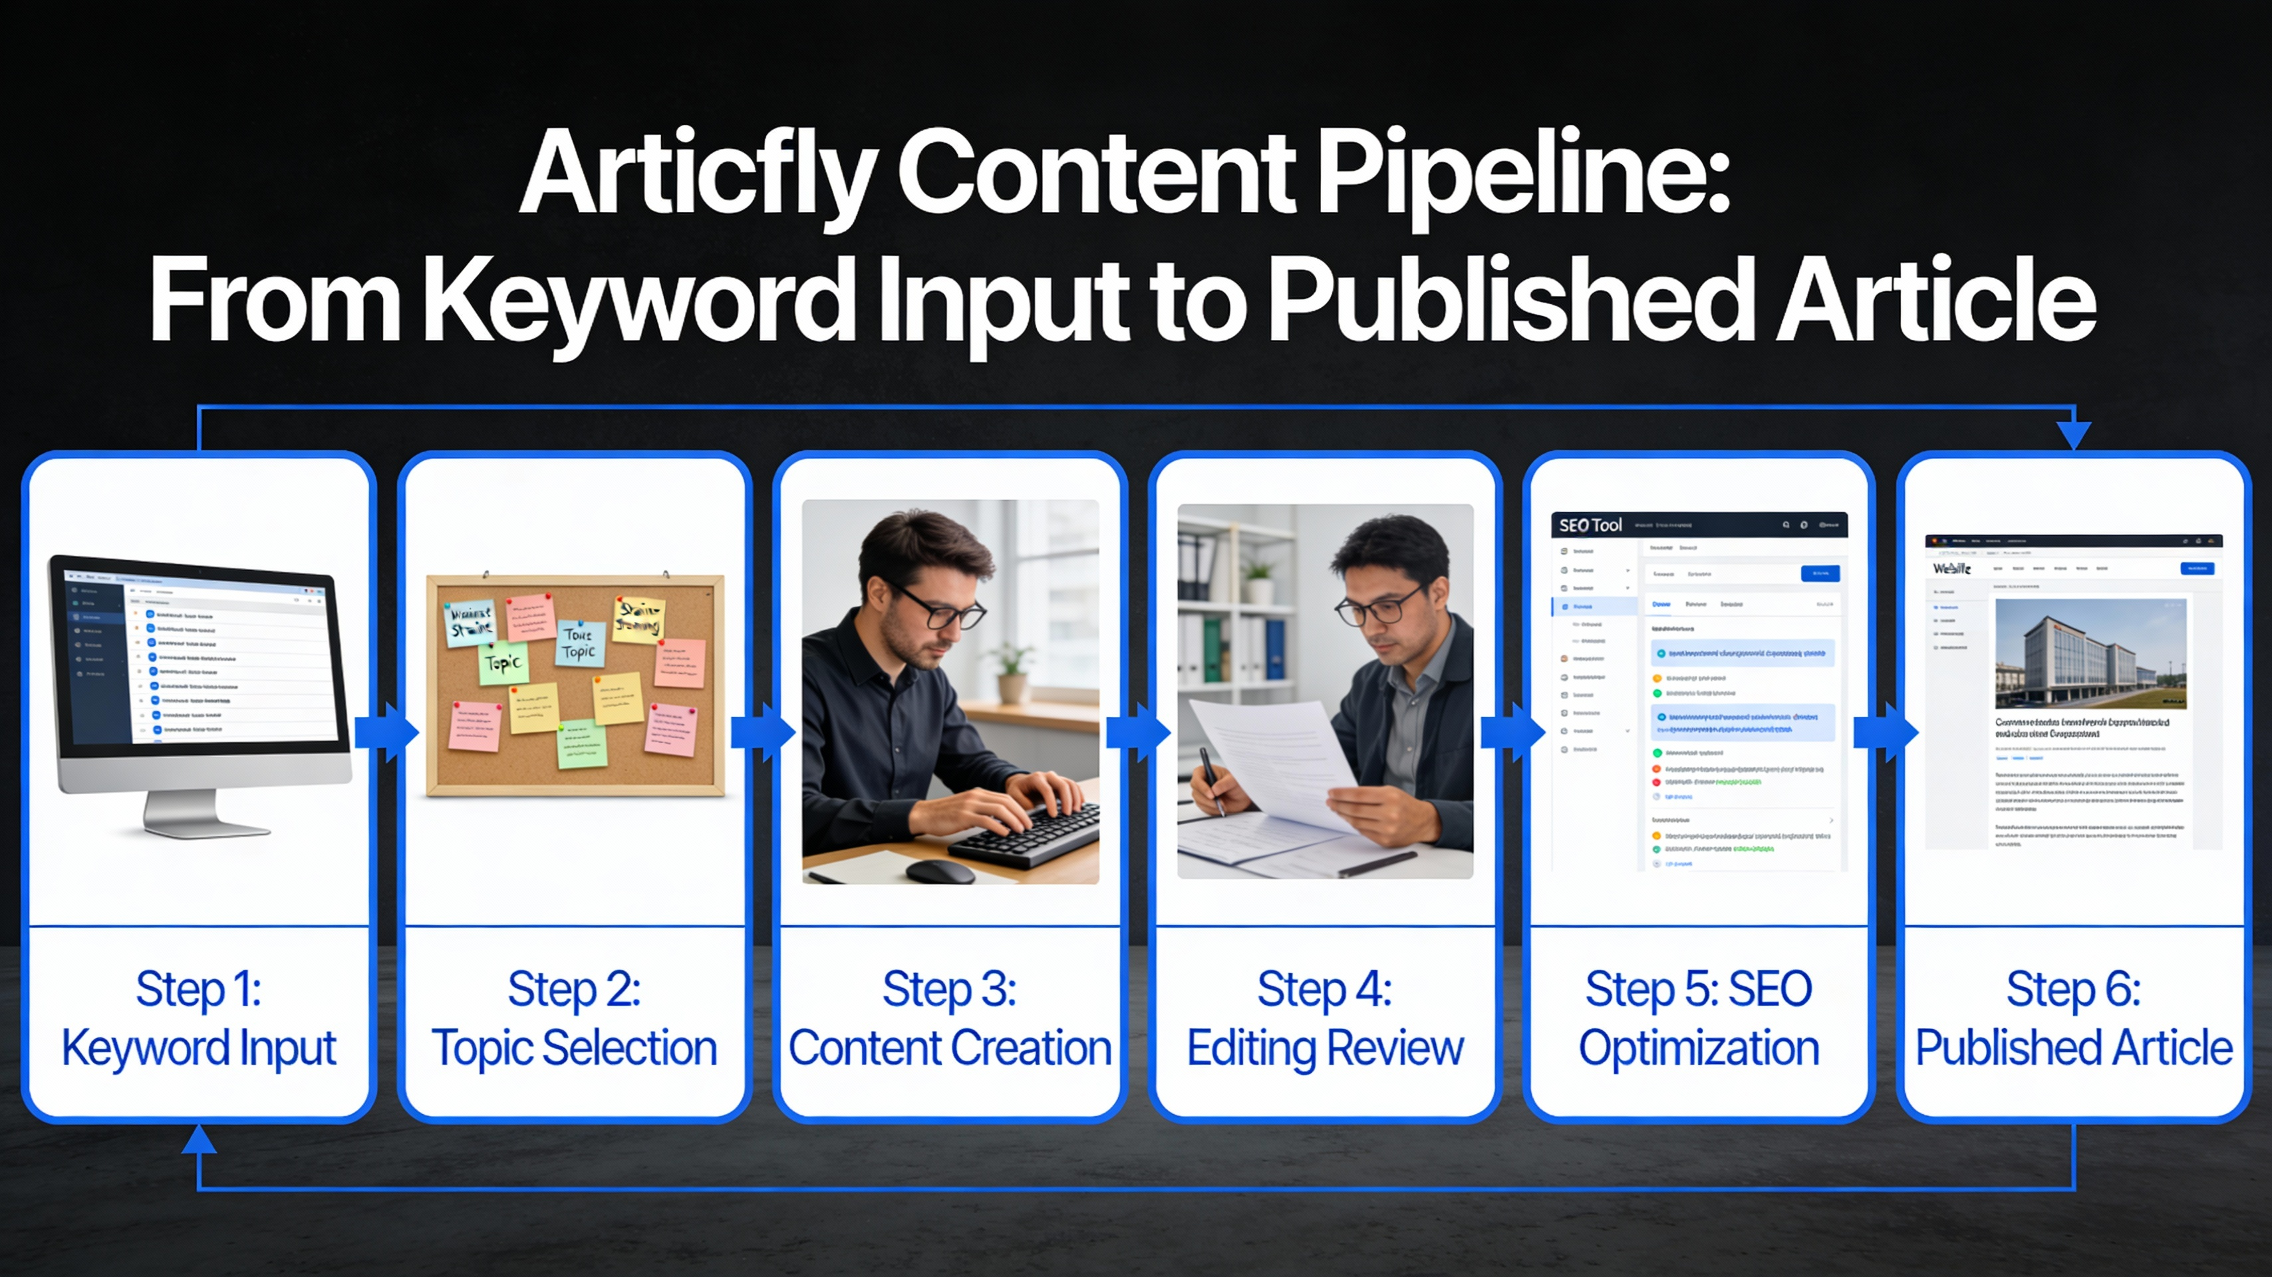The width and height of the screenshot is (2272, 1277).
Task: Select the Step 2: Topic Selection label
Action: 574,1018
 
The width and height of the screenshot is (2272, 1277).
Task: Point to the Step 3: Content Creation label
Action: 950,1018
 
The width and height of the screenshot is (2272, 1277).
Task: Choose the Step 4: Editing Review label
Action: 1325,1018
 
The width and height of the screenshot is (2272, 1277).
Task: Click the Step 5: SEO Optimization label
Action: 1699,1018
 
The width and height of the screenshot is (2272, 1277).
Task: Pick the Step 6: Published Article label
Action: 2074,1018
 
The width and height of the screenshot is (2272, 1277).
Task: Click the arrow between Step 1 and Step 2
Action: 386,732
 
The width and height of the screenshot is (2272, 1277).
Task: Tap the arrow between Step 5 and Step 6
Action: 1886,732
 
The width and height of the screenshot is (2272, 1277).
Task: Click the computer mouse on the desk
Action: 940,871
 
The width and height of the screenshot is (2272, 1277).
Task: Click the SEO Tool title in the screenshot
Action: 1590,525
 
